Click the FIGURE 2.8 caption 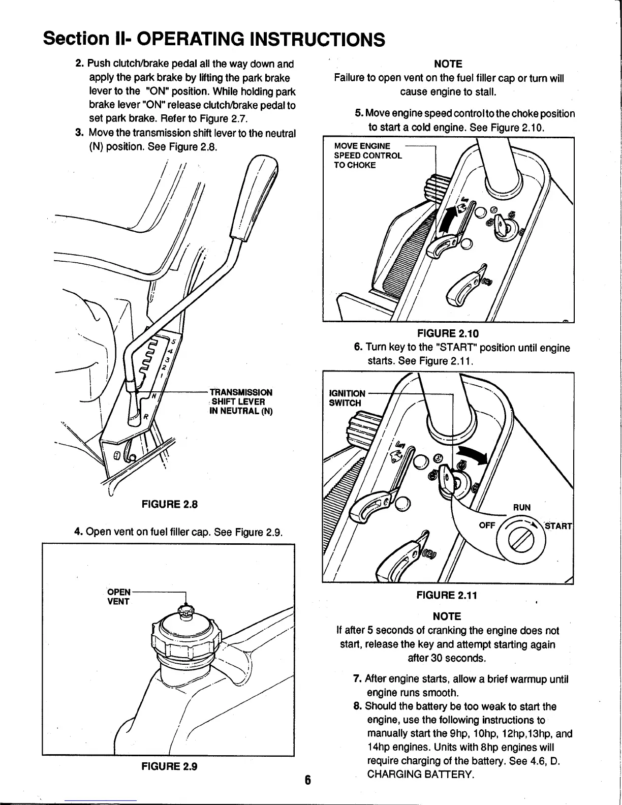point(169,505)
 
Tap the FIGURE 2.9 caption point(169,767)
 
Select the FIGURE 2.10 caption point(448,333)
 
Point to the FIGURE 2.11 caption point(448,595)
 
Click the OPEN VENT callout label point(119,597)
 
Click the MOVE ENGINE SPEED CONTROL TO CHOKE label point(367,156)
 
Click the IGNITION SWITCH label point(347,398)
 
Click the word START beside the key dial point(558,525)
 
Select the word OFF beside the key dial point(487,525)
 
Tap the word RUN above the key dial point(521,507)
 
